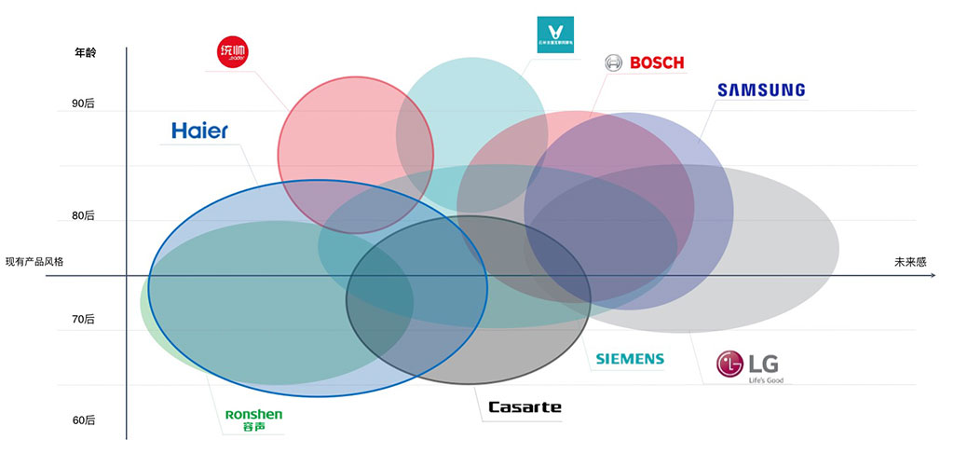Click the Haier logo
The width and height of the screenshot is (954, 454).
pos(199,131)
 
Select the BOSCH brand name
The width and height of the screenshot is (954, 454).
pos(657,63)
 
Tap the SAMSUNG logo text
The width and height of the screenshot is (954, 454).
pos(760,90)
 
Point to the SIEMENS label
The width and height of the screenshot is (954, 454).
pos(630,359)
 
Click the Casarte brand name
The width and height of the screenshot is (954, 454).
pos(525,407)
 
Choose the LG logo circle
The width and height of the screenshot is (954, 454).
pos(730,365)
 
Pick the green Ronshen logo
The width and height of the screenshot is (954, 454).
pos(253,414)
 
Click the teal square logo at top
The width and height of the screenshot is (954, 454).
pos(555,34)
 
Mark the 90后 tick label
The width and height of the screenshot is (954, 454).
pos(84,103)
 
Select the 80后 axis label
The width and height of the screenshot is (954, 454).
pos(84,215)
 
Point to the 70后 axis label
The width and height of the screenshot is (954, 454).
pos(84,319)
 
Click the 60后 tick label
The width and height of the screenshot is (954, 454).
pos(84,420)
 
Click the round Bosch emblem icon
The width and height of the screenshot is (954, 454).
pos(614,63)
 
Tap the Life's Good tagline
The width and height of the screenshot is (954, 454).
pos(763,379)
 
